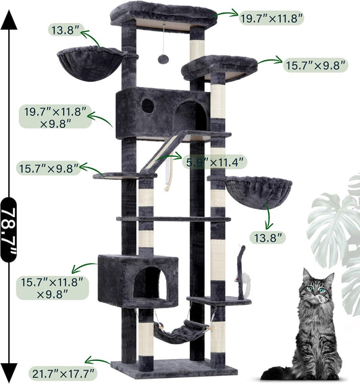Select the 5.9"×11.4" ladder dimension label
click(215, 162)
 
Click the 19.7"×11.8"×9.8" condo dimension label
click(57, 116)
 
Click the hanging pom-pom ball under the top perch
click(163, 59)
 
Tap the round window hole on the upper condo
click(147, 105)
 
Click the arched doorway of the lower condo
click(150, 283)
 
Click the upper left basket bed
click(91, 63)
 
